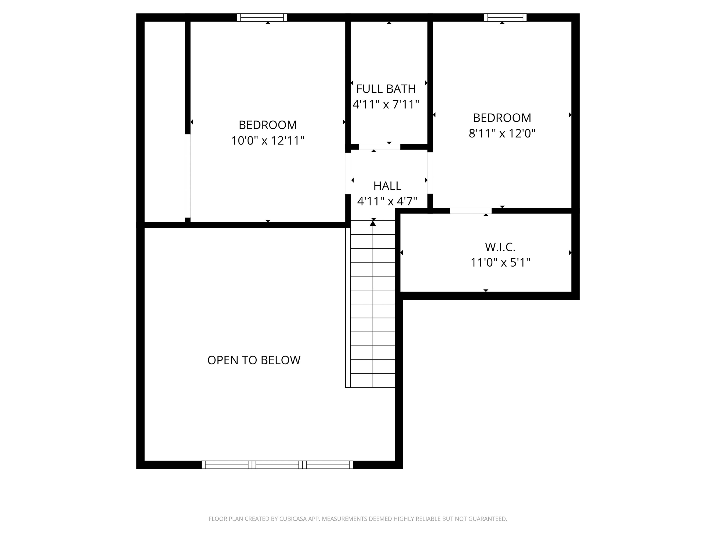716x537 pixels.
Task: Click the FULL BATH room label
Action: (386, 89)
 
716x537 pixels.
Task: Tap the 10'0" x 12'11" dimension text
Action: (267, 141)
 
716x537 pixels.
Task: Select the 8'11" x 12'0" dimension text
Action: (502, 133)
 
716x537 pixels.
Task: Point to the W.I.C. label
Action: (500, 247)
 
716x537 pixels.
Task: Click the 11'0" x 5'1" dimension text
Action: (500, 263)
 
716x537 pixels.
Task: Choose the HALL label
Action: (387, 186)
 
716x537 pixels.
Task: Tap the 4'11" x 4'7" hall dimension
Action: (387, 201)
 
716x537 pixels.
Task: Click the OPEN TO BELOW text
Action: (254, 360)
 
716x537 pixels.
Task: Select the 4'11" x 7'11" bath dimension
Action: (386, 104)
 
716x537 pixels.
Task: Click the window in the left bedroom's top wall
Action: (262, 17)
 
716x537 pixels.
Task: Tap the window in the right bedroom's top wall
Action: (505, 17)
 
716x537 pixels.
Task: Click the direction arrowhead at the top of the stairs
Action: (373, 223)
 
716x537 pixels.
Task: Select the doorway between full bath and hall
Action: (379, 147)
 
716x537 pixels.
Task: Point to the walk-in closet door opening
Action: (471, 211)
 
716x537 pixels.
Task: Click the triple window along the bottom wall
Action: (277, 465)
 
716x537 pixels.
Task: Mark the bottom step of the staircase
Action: (373, 380)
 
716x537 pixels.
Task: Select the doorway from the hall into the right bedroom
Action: (430, 173)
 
